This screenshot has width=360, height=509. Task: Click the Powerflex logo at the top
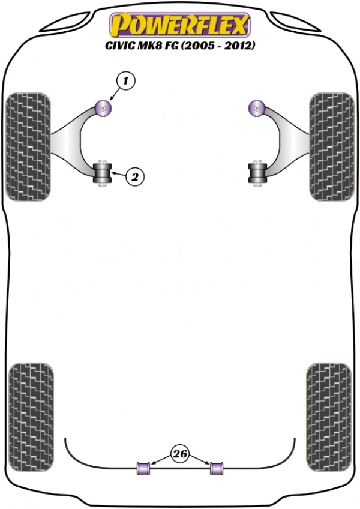click(x=180, y=25)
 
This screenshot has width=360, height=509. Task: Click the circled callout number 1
click(x=125, y=80)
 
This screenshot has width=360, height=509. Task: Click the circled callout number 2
click(x=135, y=177)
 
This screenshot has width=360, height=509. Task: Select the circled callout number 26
click(x=180, y=453)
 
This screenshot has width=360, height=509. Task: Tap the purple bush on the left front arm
click(x=103, y=109)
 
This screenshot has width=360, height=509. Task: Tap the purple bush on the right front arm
click(x=257, y=109)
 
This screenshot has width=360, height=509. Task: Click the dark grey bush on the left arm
click(x=102, y=173)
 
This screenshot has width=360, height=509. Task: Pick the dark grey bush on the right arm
click(x=257, y=173)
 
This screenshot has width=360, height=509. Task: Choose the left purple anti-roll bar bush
click(x=143, y=468)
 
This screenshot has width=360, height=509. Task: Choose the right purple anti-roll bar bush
click(x=217, y=468)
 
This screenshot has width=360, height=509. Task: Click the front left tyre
click(x=28, y=146)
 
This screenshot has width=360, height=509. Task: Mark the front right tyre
click(x=331, y=146)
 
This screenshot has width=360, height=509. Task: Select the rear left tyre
click(x=31, y=417)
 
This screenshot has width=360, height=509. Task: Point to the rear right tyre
click(x=329, y=417)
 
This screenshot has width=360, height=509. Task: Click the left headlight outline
click(x=65, y=22)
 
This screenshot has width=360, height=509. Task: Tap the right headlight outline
click(x=295, y=22)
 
